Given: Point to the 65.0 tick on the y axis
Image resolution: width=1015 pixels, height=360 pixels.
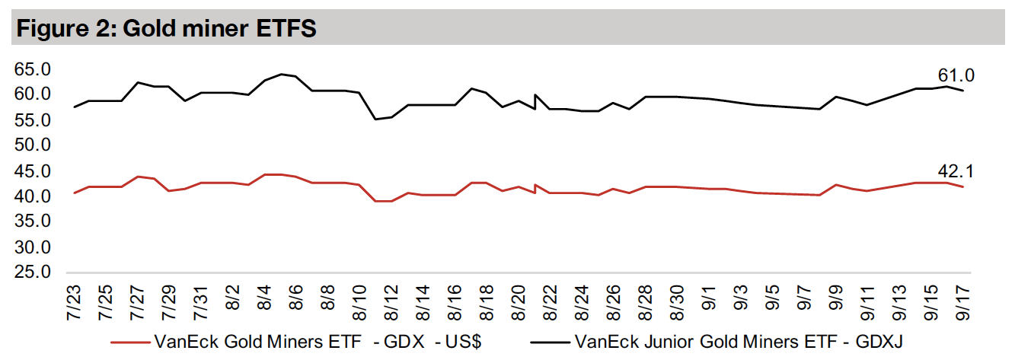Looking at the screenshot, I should tap(31, 69).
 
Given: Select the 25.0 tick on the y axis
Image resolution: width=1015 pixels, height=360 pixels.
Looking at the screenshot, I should tap(31, 273).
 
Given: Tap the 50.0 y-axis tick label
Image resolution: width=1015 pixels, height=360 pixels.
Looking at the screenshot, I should tap(31, 145).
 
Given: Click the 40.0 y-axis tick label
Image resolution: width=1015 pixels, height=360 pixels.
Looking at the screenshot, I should tap(31, 196).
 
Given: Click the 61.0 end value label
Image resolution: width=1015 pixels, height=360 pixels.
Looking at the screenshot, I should tap(956, 75).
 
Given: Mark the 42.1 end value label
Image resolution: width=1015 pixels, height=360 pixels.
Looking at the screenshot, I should tap(956, 171).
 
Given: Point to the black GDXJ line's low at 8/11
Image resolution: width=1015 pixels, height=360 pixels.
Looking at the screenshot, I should tap(375, 119).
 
